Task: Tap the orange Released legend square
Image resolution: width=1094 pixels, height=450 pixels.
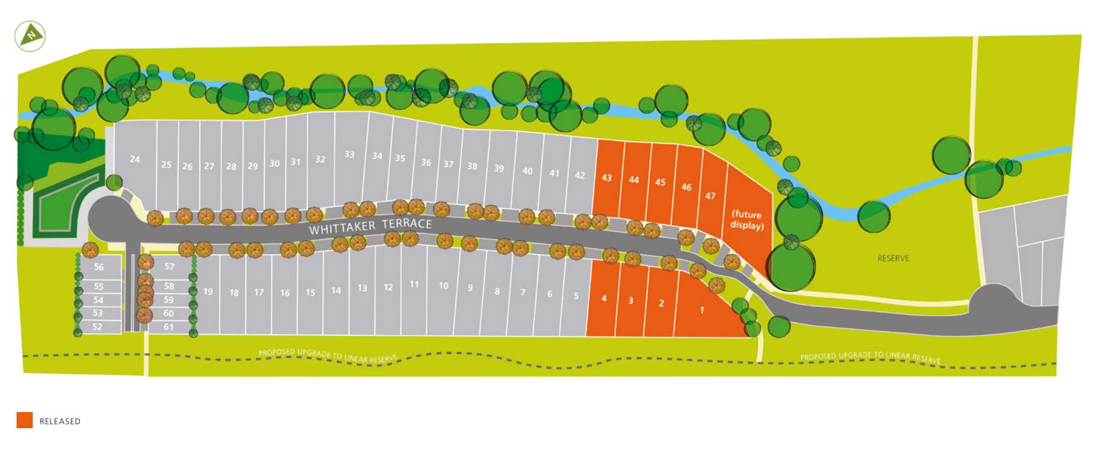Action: [24, 420]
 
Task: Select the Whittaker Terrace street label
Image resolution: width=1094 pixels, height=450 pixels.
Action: [370, 227]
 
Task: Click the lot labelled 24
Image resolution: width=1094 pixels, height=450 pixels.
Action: [135, 160]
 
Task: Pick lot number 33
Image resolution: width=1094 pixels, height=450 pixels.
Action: [349, 154]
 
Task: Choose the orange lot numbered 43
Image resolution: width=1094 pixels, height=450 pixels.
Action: [606, 178]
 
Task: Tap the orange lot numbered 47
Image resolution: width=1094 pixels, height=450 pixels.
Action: [710, 196]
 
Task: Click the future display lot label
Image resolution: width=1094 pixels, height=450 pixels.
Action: [747, 220]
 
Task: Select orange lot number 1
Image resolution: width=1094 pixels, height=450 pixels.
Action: [702, 310]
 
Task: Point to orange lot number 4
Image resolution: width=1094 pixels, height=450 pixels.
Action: [604, 299]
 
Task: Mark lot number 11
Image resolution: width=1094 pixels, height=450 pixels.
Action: [414, 285]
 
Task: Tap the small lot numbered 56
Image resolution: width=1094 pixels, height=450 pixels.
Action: [99, 267]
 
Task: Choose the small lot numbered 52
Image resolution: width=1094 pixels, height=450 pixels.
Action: [97, 327]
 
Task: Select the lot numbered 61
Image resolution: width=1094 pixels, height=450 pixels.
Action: [169, 327]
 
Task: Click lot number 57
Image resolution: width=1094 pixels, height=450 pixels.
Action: [169, 266]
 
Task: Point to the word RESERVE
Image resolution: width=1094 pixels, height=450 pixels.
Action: [893, 259]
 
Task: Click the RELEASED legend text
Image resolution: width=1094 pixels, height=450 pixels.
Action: [60, 422]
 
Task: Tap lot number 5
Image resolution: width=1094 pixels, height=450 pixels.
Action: [576, 296]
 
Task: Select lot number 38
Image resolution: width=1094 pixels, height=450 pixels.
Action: [472, 166]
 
